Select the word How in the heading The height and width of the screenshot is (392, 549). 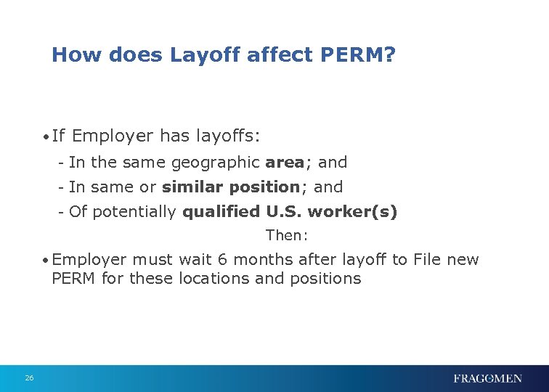pos(70,54)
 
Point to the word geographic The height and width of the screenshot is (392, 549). pos(215,163)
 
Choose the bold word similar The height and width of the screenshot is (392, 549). pos(192,187)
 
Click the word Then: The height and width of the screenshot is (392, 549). pos(288,235)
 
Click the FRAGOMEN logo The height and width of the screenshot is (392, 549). pos(487,378)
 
